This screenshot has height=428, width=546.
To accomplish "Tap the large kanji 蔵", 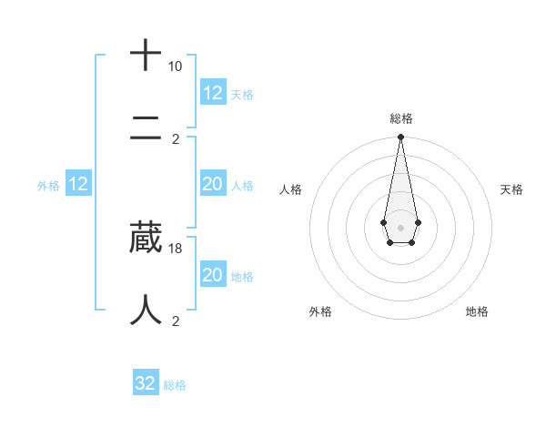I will (146, 237).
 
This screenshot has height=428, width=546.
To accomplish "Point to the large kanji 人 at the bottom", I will (146, 310).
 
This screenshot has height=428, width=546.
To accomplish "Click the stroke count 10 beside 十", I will (175, 66).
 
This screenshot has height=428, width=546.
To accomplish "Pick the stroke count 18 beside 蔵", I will (176, 248).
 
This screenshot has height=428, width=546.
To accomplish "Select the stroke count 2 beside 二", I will (176, 139).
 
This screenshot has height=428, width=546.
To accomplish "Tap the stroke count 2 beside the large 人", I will (176, 321).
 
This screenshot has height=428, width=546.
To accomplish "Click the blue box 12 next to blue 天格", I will (213, 93).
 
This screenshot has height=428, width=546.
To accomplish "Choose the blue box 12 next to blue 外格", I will (78, 185).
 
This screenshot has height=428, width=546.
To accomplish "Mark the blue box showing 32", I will (146, 383).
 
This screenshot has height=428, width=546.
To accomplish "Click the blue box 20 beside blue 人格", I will (213, 185).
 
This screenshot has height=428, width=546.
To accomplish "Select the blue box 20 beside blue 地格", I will (213, 275).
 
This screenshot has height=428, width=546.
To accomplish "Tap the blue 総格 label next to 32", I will (175, 385).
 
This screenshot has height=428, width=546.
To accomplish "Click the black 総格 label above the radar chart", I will (400, 118).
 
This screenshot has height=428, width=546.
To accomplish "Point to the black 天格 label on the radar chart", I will (511, 189).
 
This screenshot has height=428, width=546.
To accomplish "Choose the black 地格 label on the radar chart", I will (477, 311).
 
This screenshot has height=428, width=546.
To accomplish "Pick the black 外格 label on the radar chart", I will (320, 311).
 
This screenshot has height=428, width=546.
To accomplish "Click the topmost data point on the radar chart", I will (400, 138).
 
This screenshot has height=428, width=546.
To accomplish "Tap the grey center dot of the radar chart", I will (400, 226).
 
